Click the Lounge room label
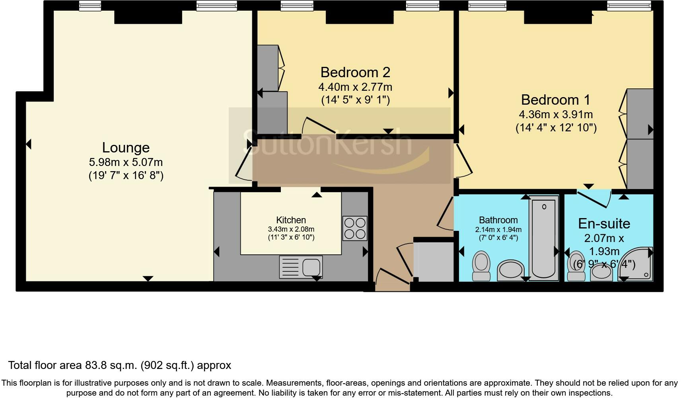click(126, 148)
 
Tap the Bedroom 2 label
click(355, 72)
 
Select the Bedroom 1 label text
click(556, 99)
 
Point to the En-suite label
click(604, 224)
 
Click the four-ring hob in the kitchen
click(354, 228)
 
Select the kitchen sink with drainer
click(301, 266)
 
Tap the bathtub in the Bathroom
click(544, 238)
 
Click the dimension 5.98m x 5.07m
click(126, 162)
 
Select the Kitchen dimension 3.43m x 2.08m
click(291, 229)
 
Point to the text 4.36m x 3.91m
click(556, 115)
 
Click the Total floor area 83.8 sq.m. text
click(119, 365)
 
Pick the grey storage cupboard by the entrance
click(434, 261)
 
